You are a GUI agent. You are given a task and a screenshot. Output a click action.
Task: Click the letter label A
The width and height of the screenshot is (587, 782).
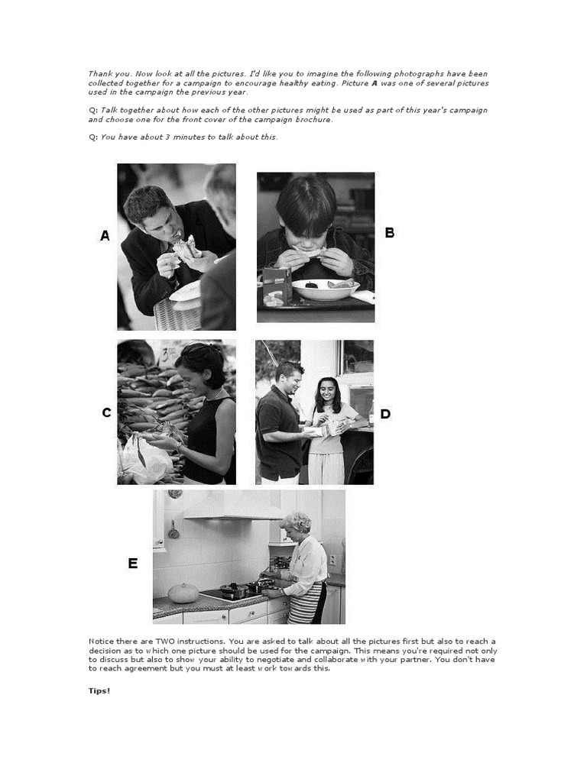105,237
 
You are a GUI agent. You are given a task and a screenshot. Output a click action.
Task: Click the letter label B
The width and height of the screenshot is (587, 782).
390,233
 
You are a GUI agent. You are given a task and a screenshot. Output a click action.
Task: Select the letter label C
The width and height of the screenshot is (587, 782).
106,413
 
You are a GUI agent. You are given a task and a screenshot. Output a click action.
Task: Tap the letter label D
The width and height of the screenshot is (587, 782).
385,414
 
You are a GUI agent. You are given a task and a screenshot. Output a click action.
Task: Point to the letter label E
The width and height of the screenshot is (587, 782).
133,564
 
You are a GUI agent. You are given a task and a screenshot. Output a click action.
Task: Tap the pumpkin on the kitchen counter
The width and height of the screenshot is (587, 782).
183,593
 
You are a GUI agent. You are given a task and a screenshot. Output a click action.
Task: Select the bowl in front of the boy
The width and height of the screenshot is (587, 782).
326,289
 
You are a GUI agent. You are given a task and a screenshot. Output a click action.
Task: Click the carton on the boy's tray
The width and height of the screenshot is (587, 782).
276,286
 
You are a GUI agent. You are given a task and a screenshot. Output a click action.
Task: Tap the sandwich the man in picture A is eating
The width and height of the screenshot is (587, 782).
184,247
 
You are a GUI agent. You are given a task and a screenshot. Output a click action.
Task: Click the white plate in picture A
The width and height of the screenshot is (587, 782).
186,291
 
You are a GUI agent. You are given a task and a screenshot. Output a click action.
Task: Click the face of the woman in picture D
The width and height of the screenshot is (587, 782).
326,391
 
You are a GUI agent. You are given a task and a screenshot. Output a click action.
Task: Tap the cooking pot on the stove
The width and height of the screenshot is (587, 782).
233,590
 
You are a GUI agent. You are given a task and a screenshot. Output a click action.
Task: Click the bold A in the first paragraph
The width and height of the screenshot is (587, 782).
375,82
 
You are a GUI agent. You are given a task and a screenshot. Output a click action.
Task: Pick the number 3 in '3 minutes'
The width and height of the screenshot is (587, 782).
167,137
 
